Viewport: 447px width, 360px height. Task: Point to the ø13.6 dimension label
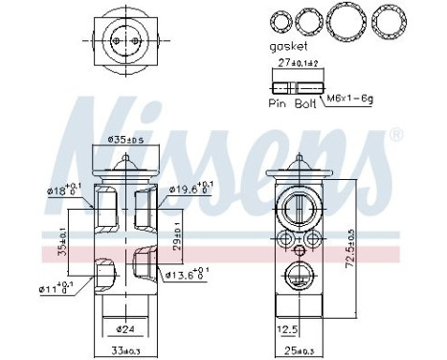pyautogui.click(x=186, y=276)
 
